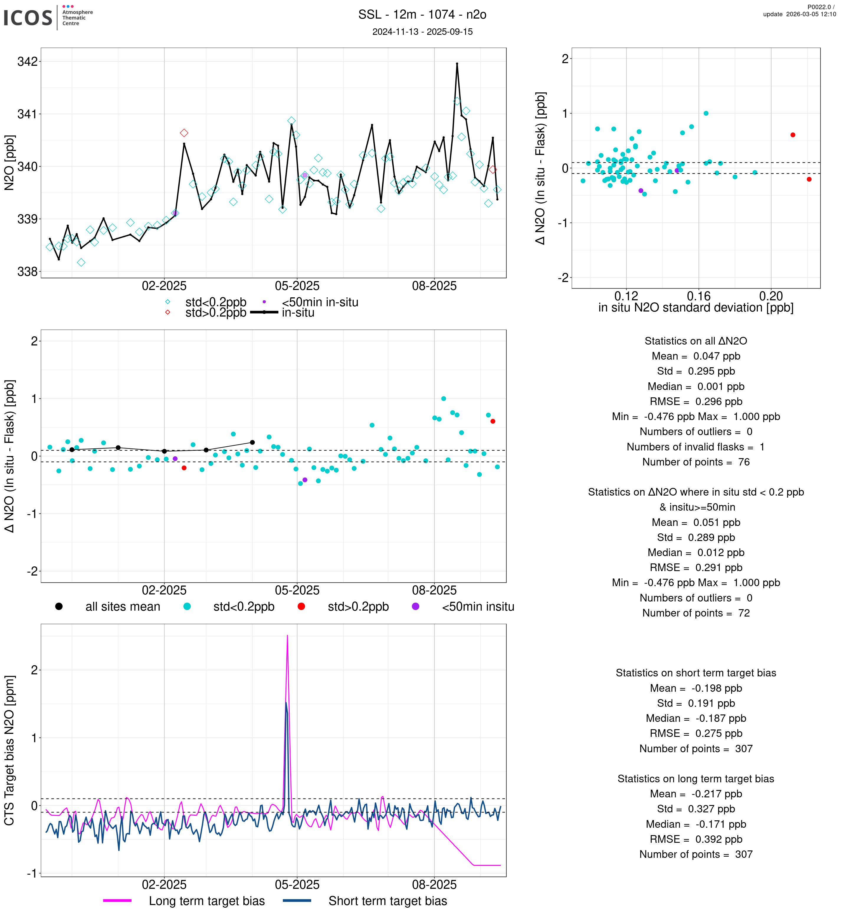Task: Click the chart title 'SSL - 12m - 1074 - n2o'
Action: tap(422, 15)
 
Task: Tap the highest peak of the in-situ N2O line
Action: tap(457, 64)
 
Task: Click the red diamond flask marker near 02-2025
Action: tap(184, 133)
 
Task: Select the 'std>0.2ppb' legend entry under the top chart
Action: tap(215, 313)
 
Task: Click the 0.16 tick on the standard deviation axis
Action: tap(699, 296)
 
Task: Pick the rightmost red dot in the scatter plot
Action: tap(809, 179)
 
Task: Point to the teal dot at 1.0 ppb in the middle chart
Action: tap(443, 399)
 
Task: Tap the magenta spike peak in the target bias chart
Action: tap(287, 636)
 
